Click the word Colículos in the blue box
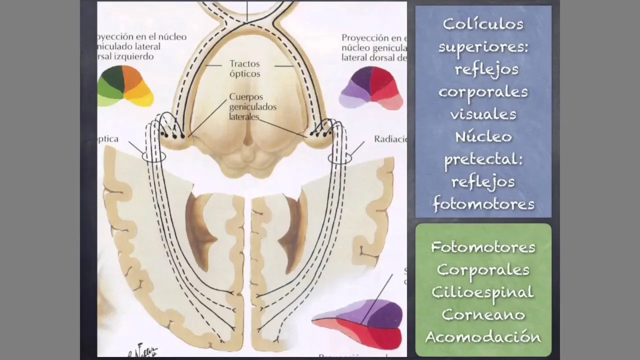coord(483,24)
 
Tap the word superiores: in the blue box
coord(483,47)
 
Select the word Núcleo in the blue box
coord(483,136)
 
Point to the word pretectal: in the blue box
coord(483,159)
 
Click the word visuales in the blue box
coord(483,114)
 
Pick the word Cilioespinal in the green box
coord(483,292)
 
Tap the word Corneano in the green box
coord(483,314)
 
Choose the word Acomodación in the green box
coord(483,337)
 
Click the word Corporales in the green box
coord(483,269)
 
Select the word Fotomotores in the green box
coord(483,247)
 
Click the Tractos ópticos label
coord(245,69)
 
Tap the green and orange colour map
coord(125,86)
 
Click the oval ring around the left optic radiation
coord(153,156)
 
